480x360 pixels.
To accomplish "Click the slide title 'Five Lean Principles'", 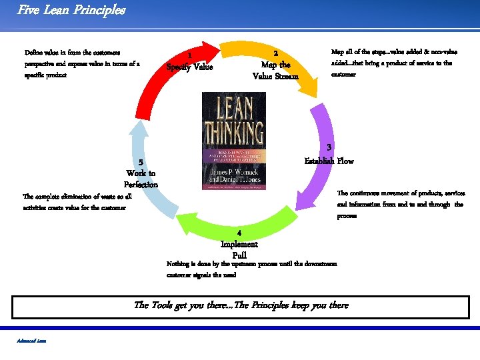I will (71, 10).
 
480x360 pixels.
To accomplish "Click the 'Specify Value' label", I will (190, 67).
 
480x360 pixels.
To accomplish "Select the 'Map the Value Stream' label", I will (276, 71).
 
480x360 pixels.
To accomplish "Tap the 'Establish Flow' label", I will (329, 161).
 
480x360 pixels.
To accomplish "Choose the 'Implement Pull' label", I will (239, 249).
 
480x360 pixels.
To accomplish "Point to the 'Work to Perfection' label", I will (141, 179).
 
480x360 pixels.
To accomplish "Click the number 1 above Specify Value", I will (190, 55).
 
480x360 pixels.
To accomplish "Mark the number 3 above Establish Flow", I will (329, 147).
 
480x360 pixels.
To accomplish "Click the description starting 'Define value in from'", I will (82, 63).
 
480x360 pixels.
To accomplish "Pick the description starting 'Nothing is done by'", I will (251, 269).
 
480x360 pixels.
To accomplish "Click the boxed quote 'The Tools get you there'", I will (241, 305).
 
